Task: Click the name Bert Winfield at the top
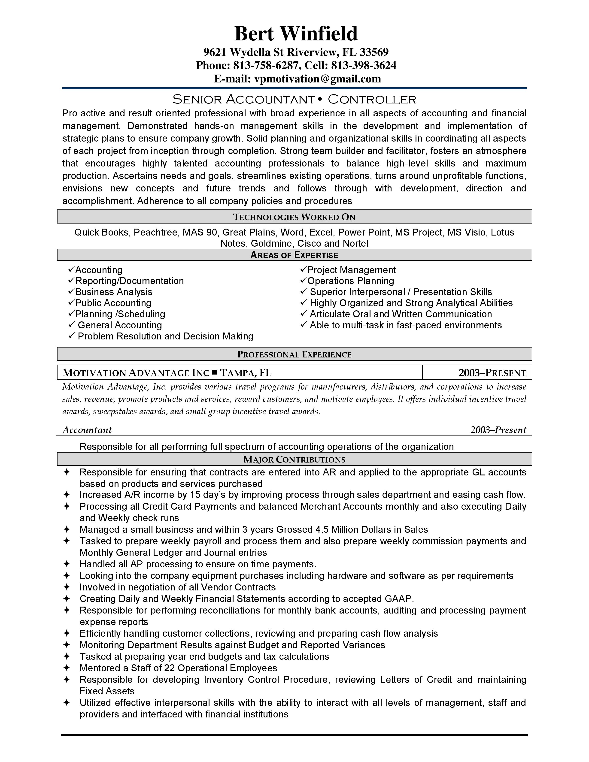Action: [296, 34]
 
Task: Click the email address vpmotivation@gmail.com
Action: [318, 79]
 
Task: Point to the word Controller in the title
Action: [372, 100]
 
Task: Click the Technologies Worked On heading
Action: [294, 217]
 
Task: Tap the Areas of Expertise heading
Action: [294, 255]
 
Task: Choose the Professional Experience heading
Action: [294, 354]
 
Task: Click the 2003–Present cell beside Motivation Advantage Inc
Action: [492, 373]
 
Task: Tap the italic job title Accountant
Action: [87, 430]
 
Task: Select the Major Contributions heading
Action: [294, 460]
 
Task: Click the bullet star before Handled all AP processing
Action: [67, 564]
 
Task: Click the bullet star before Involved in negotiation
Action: [67, 587]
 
